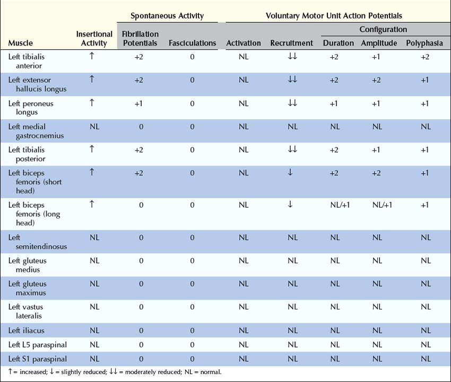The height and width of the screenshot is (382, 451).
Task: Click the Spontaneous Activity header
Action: (167, 16)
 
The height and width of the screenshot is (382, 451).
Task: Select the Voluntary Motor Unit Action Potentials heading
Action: (334, 16)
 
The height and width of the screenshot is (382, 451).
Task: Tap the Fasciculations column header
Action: (193, 43)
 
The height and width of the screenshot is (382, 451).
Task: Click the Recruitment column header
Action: (291, 43)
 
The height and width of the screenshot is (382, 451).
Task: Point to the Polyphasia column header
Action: (425, 43)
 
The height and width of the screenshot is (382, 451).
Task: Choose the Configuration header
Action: (383, 30)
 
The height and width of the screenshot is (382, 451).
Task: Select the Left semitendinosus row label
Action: (30, 242)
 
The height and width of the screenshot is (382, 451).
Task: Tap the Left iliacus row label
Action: (27, 331)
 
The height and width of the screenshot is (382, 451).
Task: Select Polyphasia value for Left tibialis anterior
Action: (425, 57)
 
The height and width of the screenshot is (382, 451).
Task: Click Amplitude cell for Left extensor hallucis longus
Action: (376, 80)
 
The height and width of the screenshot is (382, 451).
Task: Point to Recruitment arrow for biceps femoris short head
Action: (290, 173)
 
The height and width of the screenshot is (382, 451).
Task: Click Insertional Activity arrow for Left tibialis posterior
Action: (92, 149)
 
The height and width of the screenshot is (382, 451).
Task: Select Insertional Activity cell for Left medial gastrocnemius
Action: (94, 127)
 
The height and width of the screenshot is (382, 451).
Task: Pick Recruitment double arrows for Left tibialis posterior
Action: (292, 150)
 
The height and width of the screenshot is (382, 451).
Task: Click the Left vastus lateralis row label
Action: (27, 311)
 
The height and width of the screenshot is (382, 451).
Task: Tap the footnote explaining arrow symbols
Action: (115, 372)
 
